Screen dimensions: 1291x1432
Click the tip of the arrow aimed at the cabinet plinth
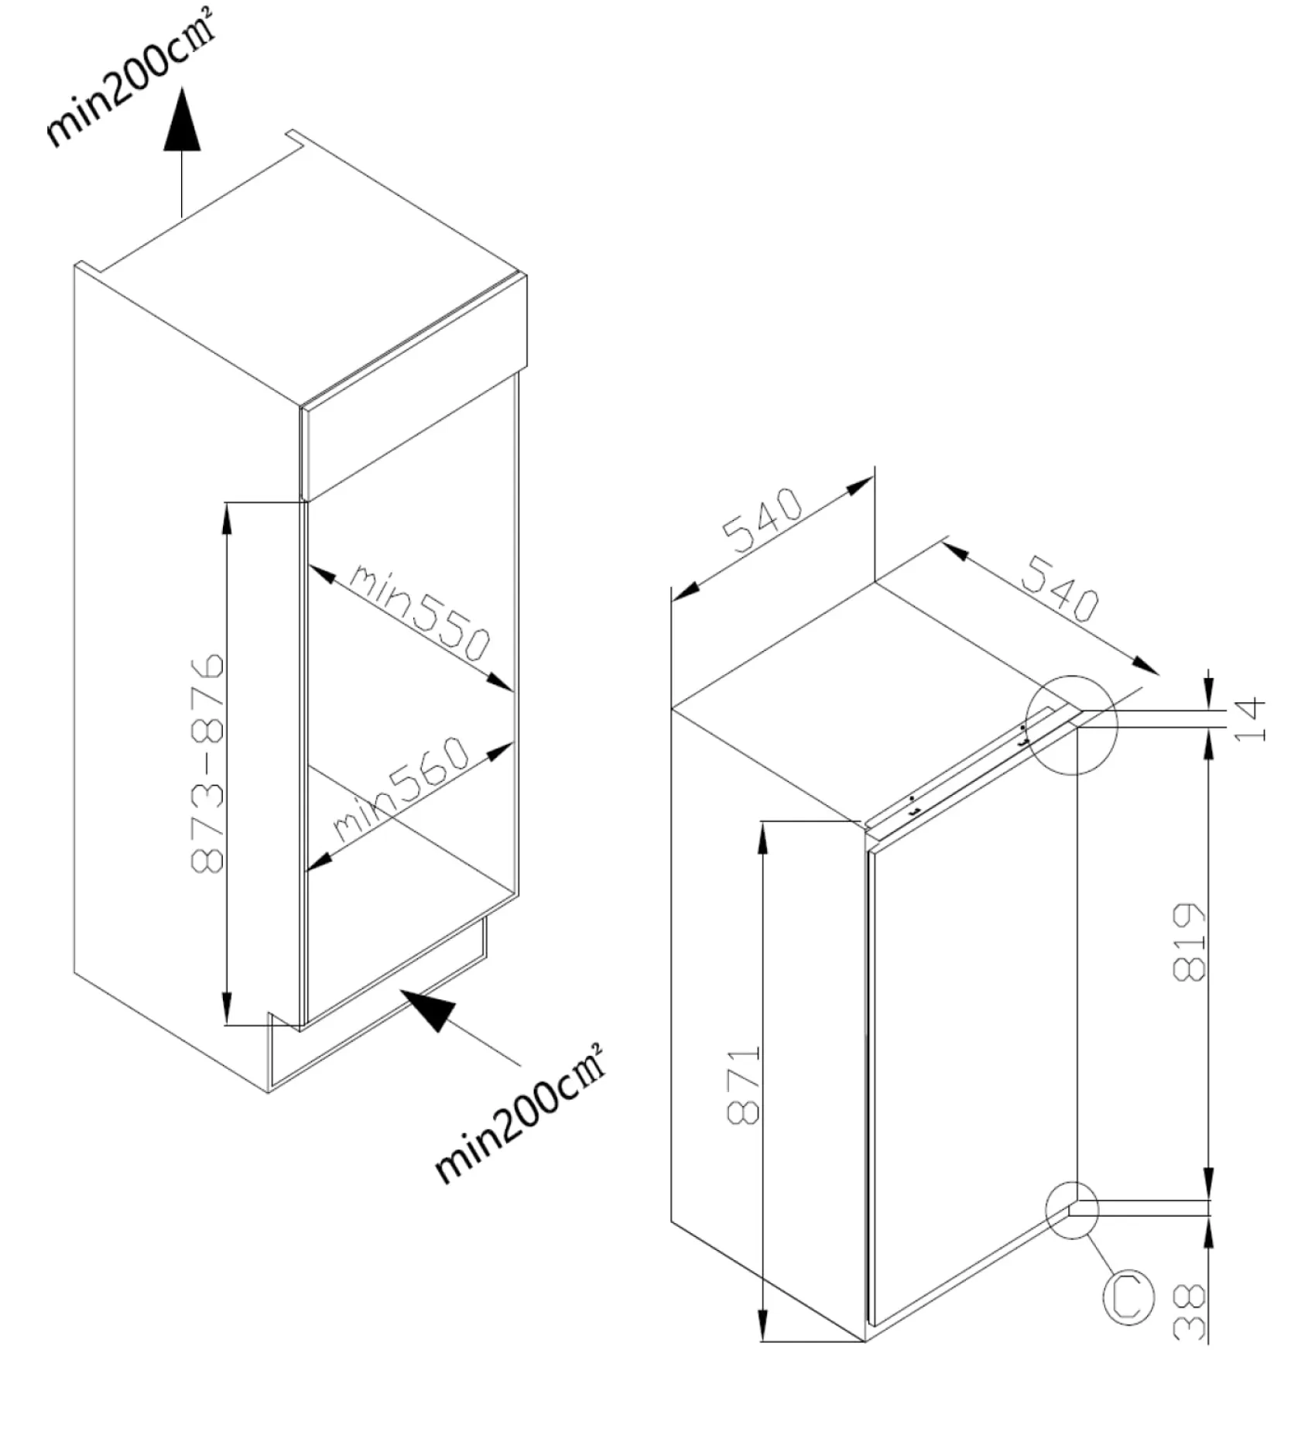point(400,989)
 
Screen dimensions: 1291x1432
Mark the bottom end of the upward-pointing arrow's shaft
point(182,218)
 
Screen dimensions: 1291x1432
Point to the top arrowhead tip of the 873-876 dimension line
point(226,503)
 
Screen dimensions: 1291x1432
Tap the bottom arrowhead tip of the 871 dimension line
point(762,1341)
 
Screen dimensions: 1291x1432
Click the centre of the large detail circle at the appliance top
point(1071,725)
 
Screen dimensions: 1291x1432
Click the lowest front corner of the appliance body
point(865,1341)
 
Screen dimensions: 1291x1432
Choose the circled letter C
point(1127,1297)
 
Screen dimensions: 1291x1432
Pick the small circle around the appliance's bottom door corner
point(1072,1210)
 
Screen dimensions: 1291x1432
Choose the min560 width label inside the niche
point(402,789)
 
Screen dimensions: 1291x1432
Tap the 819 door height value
point(1190,942)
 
